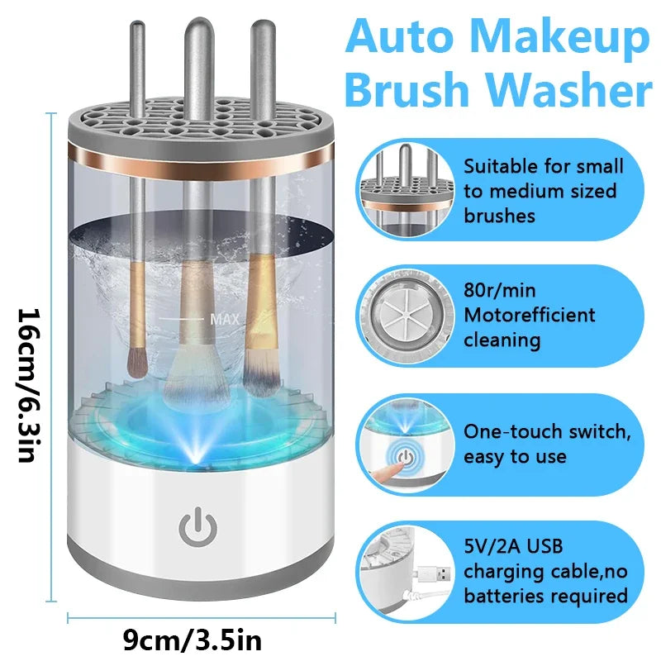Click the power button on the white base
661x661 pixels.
197,527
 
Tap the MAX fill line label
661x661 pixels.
225,319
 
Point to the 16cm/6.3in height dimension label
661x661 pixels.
29,385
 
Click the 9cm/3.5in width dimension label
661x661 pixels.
193,640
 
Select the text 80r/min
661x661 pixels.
500,291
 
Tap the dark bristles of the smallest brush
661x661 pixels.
137,363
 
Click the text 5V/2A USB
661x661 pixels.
513,546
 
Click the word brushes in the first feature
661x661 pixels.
499,216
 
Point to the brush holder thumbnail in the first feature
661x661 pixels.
405,190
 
